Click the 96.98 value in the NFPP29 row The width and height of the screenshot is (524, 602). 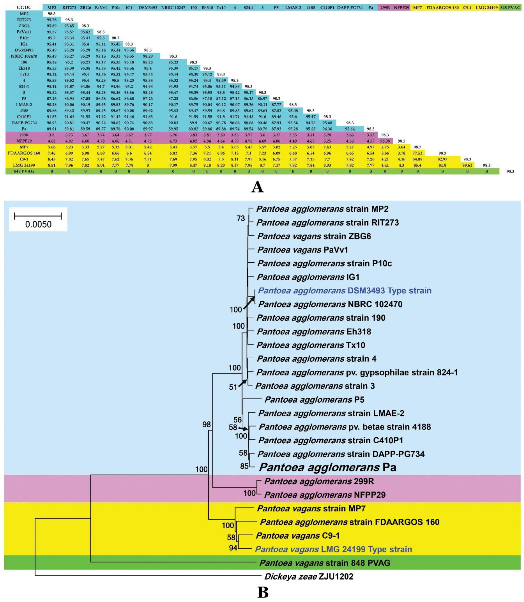(385, 141)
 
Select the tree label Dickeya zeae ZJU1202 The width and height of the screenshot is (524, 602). (309, 577)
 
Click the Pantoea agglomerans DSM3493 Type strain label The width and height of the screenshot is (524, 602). (345, 291)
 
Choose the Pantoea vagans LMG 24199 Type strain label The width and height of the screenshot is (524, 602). (333, 549)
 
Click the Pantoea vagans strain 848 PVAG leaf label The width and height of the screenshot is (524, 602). (325, 563)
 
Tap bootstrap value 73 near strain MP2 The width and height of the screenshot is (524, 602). (241, 218)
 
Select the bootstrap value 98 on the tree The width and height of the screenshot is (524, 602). (206, 424)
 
